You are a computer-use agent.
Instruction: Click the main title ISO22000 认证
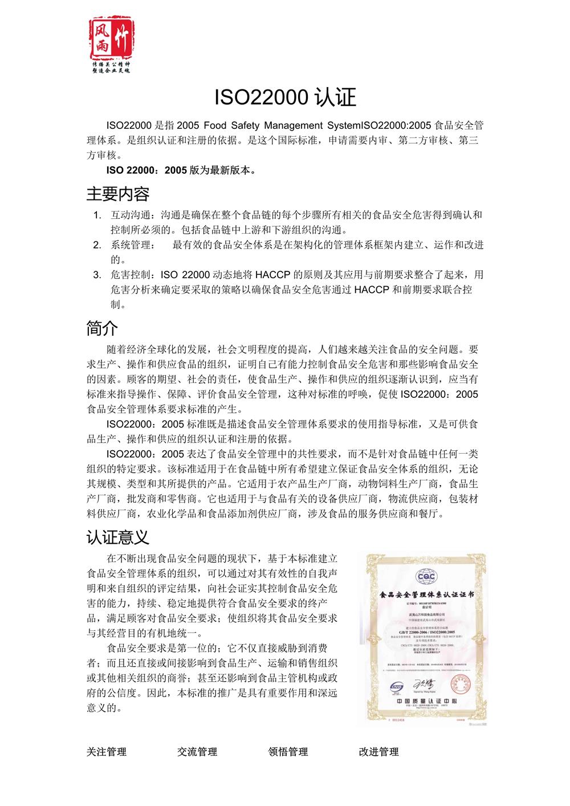click(x=285, y=97)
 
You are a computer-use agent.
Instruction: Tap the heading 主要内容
click(x=118, y=194)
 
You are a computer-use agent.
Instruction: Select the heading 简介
click(x=102, y=328)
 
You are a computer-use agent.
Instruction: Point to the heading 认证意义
click(x=118, y=536)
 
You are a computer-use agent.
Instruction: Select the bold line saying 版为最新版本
click(x=181, y=170)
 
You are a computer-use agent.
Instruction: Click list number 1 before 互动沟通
click(x=97, y=215)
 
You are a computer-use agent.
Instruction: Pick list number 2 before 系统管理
click(x=97, y=245)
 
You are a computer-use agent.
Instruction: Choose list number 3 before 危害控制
click(x=97, y=275)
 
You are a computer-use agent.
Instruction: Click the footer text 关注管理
click(x=107, y=752)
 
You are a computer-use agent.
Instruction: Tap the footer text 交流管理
click(x=197, y=752)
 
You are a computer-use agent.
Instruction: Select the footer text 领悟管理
click(x=288, y=752)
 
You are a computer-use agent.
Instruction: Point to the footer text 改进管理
click(x=378, y=752)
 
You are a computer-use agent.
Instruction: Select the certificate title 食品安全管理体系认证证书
click(x=427, y=595)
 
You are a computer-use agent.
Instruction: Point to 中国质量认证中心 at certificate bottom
click(x=426, y=701)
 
